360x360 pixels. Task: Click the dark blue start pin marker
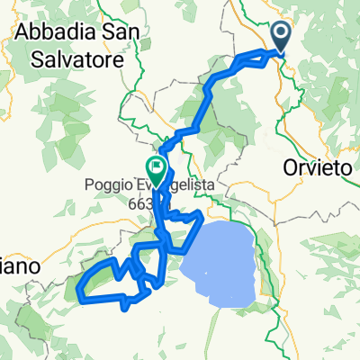click(x=281, y=37)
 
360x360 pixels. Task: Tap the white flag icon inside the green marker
click(x=157, y=166)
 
